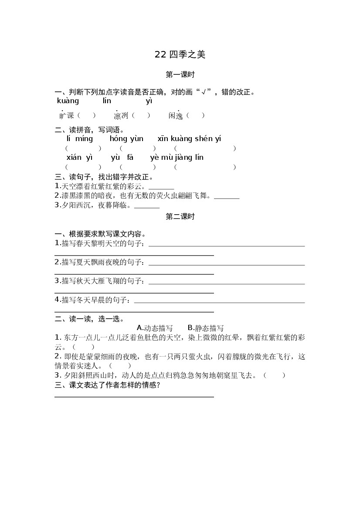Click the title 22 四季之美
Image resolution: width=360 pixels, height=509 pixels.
coord(180,54)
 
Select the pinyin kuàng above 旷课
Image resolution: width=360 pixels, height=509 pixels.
coord(68,101)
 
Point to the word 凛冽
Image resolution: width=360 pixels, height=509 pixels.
coord(121,116)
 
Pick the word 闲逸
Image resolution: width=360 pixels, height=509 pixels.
coord(176,116)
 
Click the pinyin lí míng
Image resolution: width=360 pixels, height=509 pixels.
coord(80,139)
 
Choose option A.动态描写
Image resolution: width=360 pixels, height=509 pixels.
coord(155,328)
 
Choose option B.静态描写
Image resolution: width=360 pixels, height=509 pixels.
coord(205,328)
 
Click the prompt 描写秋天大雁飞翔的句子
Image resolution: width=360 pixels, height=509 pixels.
coord(101,281)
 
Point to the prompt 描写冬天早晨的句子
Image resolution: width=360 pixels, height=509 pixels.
coord(93,300)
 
